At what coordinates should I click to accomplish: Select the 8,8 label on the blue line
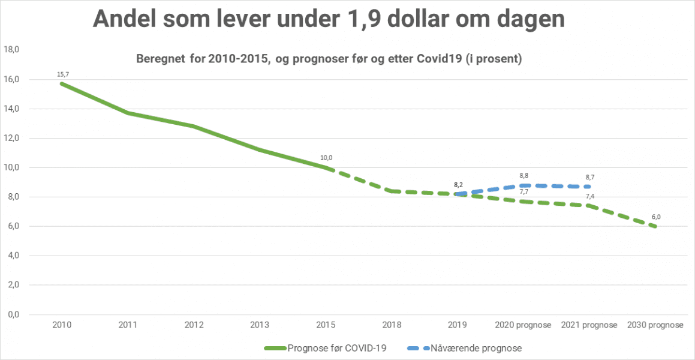coord(523,176)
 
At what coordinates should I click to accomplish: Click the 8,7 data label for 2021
coord(589,178)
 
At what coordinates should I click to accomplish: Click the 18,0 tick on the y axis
coord(12,50)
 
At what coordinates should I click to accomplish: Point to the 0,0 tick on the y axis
coord(12,314)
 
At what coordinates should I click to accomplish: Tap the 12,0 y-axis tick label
coord(12,139)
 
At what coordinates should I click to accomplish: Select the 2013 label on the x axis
coord(260,325)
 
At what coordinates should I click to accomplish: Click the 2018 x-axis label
coord(392,325)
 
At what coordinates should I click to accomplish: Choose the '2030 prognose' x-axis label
coord(655,325)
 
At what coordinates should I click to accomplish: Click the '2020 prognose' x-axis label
coord(523,325)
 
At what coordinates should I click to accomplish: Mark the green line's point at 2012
coord(194,127)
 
